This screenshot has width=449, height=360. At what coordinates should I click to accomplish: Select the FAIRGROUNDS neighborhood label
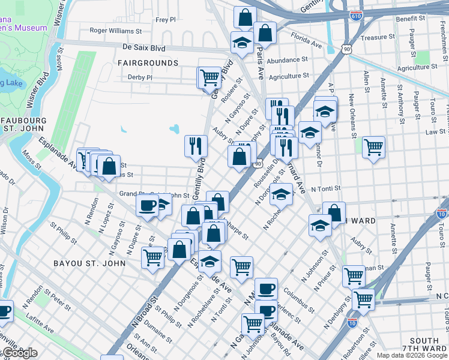pos(148,62)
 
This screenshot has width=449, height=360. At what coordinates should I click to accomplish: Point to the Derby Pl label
pos(140,77)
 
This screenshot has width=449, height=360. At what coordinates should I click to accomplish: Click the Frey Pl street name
pos(165,20)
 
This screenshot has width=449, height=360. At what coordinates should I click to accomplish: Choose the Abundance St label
pos(287,60)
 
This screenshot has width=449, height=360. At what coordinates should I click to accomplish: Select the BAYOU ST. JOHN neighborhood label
pos(89,263)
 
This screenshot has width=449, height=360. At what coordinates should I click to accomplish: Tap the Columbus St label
pos(299,299)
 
